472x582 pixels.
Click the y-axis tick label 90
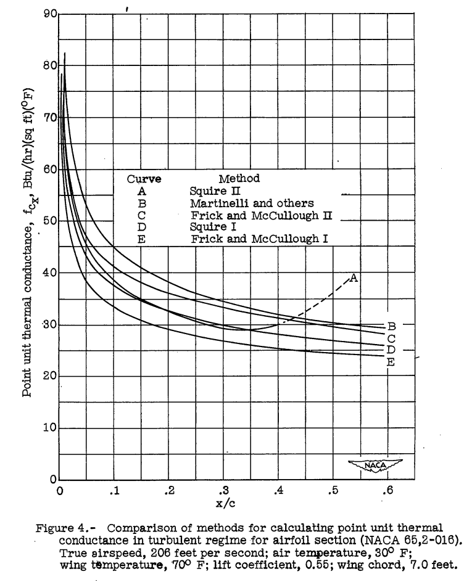click(49, 14)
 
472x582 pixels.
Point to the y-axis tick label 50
click(49, 221)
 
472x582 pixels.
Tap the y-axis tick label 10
click(49, 427)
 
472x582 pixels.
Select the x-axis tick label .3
click(224, 491)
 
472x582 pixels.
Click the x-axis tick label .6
click(388, 491)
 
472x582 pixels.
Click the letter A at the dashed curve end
click(354, 278)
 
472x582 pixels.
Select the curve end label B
click(391, 326)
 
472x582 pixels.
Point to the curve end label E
click(390, 363)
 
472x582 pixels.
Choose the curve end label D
click(391, 350)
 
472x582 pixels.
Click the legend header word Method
click(239, 179)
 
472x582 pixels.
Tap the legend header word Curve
click(144, 179)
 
